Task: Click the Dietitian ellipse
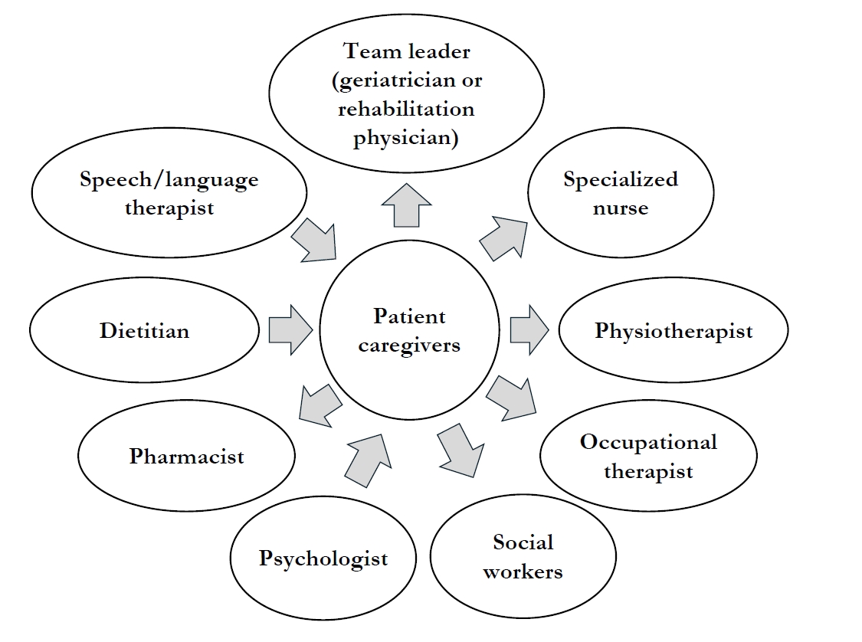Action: click(144, 331)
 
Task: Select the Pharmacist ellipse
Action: click(186, 457)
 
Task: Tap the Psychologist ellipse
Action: click(323, 558)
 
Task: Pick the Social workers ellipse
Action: click(523, 556)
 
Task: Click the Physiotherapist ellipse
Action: click(674, 331)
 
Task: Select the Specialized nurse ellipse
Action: click(621, 193)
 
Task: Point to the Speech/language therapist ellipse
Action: click(169, 193)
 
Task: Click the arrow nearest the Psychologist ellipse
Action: click(365, 457)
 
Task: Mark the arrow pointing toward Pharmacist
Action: click(320, 405)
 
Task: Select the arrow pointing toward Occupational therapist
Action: click(510, 396)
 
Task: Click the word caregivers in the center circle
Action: click(410, 345)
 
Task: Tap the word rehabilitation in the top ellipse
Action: click(406, 108)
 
